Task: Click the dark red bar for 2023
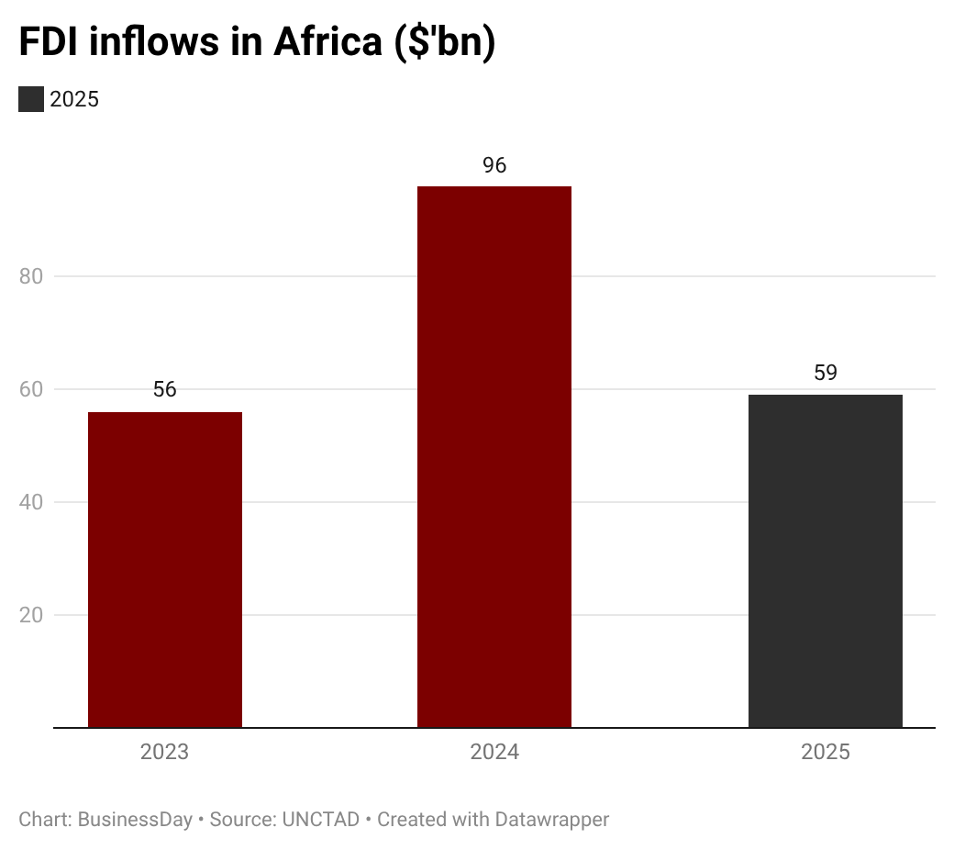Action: (165, 569)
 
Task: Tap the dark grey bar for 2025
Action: (825, 561)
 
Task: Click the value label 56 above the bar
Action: (165, 389)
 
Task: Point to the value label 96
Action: (494, 165)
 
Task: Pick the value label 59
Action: (826, 373)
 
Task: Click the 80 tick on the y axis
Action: (32, 276)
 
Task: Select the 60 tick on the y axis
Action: (32, 389)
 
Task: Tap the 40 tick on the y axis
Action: (32, 502)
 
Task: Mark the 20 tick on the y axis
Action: (32, 615)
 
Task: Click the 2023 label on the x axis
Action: (164, 753)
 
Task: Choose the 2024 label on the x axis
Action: (494, 753)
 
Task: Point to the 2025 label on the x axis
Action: (826, 753)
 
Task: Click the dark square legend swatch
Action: (31, 99)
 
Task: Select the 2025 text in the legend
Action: (74, 99)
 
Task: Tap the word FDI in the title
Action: (52, 43)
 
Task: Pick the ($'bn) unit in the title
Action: (445, 43)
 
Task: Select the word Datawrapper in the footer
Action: (552, 819)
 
